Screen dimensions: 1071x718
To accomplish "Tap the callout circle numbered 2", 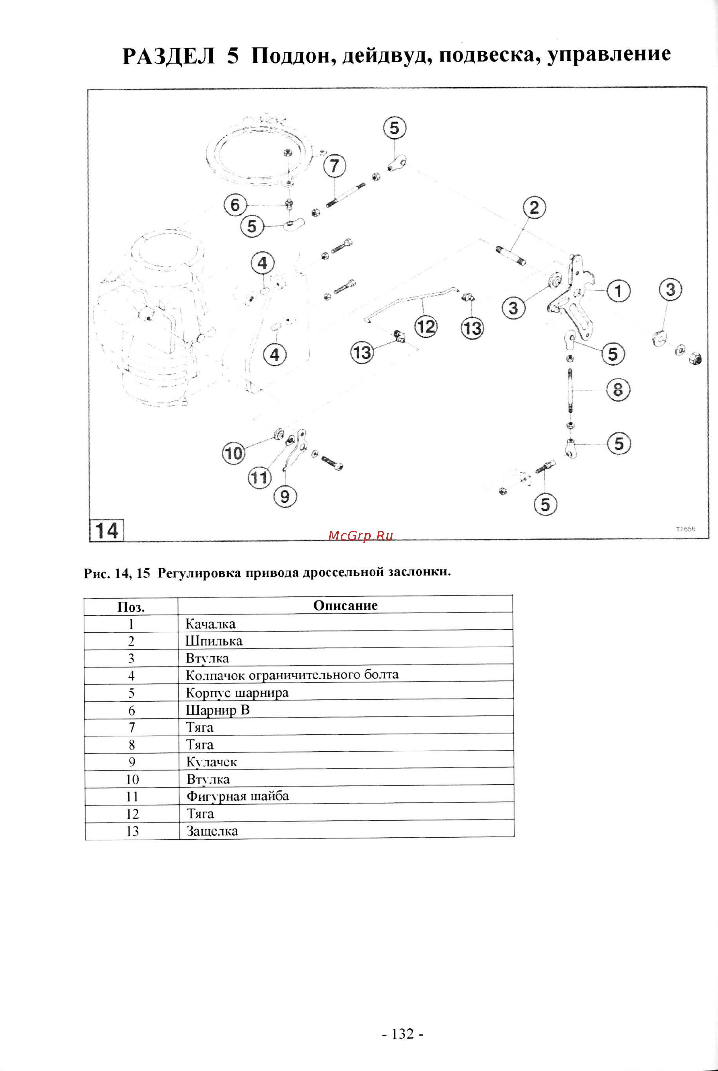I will click(534, 208).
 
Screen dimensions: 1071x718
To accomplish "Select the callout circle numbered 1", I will click(618, 291).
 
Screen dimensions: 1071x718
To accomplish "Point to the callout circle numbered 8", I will click(618, 390).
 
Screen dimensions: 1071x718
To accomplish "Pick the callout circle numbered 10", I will click(234, 454).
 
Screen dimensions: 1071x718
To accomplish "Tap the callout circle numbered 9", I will click(285, 497).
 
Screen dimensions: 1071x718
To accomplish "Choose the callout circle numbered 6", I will click(235, 205).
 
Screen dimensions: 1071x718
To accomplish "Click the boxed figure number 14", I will click(107, 531).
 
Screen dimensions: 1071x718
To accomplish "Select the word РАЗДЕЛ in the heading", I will click(169, 56).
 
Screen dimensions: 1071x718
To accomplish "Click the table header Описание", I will click(345, 605).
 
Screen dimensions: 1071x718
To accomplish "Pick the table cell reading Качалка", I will click(210, 624).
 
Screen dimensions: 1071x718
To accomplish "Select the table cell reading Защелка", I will click(212, 831).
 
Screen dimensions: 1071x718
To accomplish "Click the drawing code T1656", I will click(685, 529).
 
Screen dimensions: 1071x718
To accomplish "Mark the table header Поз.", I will click(131, 607).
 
